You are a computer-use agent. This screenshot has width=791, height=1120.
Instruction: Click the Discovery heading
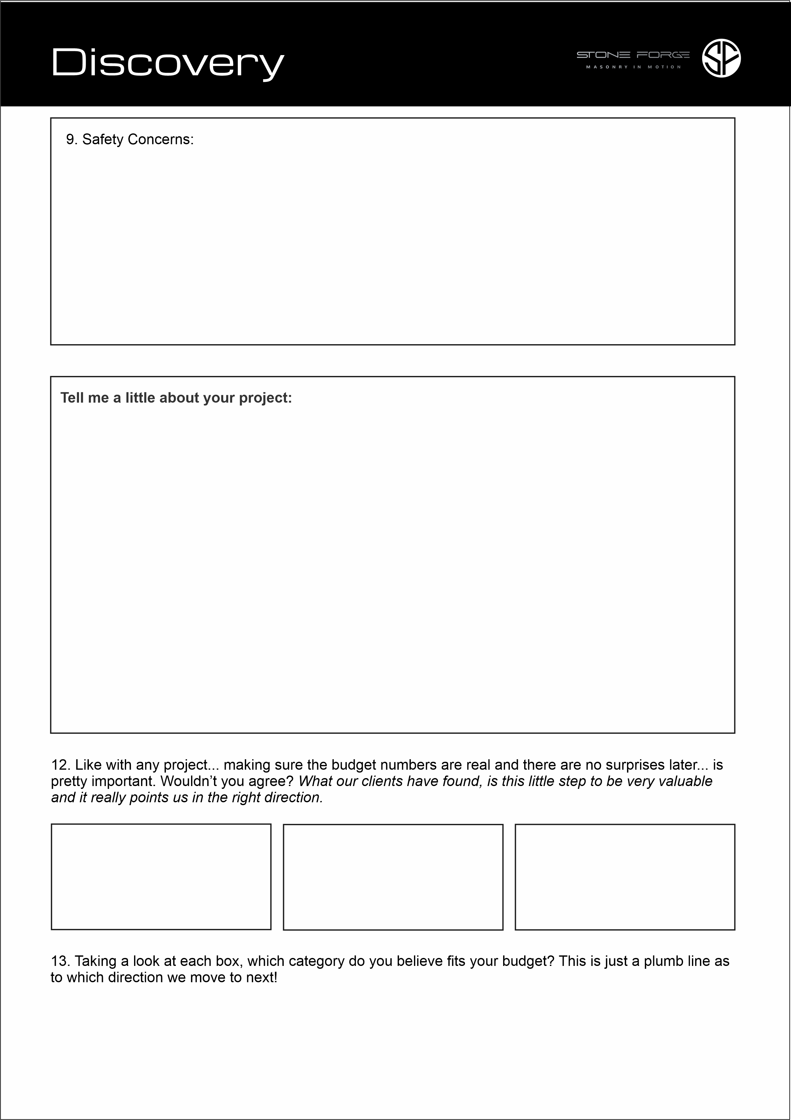point(167,62)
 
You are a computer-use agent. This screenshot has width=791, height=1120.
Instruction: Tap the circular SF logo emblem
point(721,58)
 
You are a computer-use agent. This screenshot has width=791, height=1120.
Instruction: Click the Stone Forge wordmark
point(633,55)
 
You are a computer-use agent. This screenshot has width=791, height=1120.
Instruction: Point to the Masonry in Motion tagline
point(633,67)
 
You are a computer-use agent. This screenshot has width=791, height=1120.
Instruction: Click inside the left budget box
point(161,876)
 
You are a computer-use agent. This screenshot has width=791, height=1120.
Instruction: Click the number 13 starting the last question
point(61,961)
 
